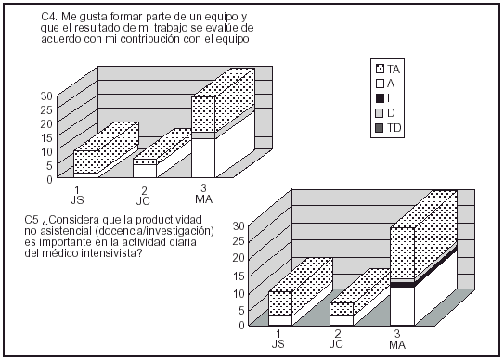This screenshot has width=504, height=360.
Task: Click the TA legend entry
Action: (x=388, y=69)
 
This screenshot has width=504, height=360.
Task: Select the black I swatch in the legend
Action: (x=380, y=98)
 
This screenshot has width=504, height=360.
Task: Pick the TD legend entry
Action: (x=389, y=128)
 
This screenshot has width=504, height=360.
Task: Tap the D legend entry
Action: (x=385, y=113)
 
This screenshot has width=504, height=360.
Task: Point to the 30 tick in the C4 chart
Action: (x=46, y=96)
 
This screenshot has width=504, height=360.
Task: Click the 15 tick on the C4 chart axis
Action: (x=46, y=137)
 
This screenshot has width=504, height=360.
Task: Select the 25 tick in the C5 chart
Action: (x=239, y=241)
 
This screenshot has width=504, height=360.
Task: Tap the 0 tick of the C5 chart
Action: (x=241, y=325)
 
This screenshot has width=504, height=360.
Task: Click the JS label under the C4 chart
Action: (x=77, y=199)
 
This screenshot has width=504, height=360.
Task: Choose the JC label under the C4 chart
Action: (x=143, y=201)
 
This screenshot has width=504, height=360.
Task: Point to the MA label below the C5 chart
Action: (x=397, y=345)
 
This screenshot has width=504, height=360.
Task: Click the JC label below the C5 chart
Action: (x=336, y=344)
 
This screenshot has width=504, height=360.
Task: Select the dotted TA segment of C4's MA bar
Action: (x=203, y=114)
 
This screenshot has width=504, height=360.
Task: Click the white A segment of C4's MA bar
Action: (x=203, y=158)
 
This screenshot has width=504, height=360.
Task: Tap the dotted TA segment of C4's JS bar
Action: (x=85, y=161)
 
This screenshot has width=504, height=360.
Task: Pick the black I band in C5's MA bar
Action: (x=403, y=285)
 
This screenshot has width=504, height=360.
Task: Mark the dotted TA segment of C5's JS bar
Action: (x=280, y=303)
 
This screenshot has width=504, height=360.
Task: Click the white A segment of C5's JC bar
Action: (x=342, y=320)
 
